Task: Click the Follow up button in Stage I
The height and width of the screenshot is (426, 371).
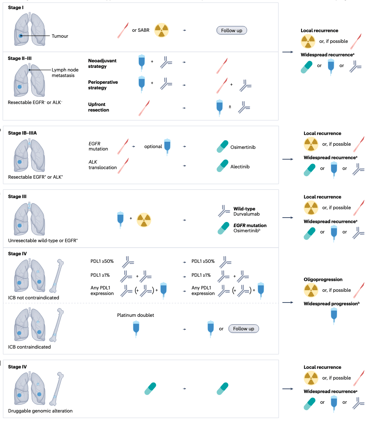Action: (x=232, y=30)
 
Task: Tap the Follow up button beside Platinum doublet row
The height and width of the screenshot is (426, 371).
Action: (x=244, y=329)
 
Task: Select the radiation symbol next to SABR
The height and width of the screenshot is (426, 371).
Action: (x=161, y=30)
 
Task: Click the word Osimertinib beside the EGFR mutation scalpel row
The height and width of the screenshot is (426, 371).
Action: (x=243, y=147)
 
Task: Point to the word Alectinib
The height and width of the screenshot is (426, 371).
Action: (x=240, y=167)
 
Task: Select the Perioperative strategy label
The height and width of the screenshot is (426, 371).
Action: (x=103, y=85)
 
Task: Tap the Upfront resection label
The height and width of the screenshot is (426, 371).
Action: (x=99, y=107)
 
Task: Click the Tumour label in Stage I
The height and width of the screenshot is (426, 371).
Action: (x=60, y=36)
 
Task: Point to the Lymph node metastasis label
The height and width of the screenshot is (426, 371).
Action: (x=65, y=73)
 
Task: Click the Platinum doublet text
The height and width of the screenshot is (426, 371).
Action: (x=135, y=315)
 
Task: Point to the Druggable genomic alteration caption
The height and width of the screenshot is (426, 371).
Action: (x=40, y=411)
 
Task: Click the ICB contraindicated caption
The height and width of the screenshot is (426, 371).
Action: (x=29, y=347)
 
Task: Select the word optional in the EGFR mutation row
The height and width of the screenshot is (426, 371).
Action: (x=153, y=146)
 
